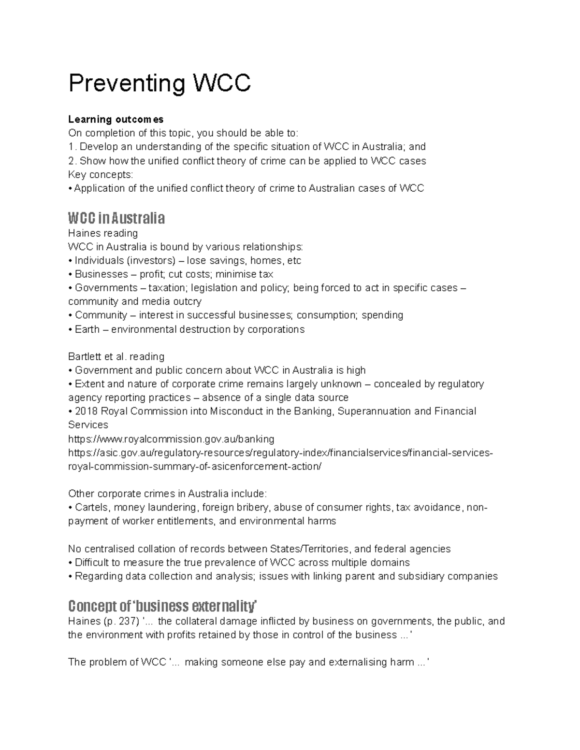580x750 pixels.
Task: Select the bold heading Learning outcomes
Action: click(116, 119)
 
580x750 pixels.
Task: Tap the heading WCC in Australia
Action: click(116, 218)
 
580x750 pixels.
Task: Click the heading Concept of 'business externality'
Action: click(162, 606)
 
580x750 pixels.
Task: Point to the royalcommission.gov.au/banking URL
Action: click(171, 439)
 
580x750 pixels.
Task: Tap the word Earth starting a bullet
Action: click(87, 329)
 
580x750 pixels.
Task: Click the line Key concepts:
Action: click(100, 174)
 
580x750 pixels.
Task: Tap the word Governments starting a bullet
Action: click(106, 288)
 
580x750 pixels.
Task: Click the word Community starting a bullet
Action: click(101, 315)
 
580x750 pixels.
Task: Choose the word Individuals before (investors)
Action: click(100, 261)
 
